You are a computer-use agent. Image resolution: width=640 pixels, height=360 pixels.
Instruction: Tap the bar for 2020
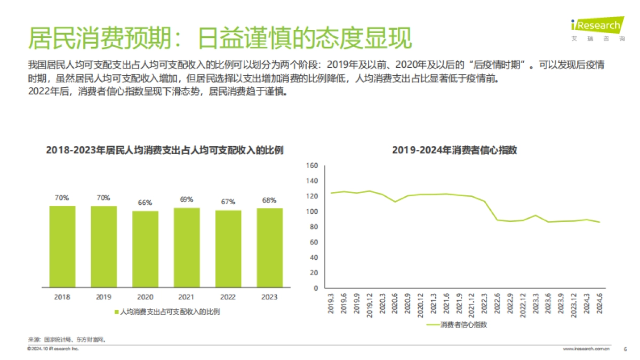click(145, 249)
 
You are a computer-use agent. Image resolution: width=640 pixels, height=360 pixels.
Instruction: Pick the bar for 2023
click(269, 248)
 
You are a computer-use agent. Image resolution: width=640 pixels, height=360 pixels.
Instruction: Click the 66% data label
click(145, 203)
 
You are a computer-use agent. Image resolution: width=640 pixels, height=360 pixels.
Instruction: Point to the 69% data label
click(187, 199)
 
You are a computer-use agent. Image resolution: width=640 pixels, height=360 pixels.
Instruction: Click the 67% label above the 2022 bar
click(228, 202)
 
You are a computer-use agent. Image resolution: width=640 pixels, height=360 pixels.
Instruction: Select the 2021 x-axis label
click(187, 297)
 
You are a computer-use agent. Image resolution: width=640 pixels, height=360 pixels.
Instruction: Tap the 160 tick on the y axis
click(313, 165)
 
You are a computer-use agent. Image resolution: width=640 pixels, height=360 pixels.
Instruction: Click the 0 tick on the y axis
click(316, 288)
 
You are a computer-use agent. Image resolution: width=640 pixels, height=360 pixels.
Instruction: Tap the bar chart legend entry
click(167, 311)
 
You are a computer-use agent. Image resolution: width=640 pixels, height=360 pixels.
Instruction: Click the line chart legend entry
click(458, 324)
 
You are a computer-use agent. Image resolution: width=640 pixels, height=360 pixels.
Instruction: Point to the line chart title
click(454, 150)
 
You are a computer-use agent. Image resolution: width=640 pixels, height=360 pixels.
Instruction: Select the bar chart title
click(165, 150)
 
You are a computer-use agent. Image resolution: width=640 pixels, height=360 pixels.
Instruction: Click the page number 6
click(625, 349)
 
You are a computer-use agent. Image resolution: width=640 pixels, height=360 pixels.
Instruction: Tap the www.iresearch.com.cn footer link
click(587, 349)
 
